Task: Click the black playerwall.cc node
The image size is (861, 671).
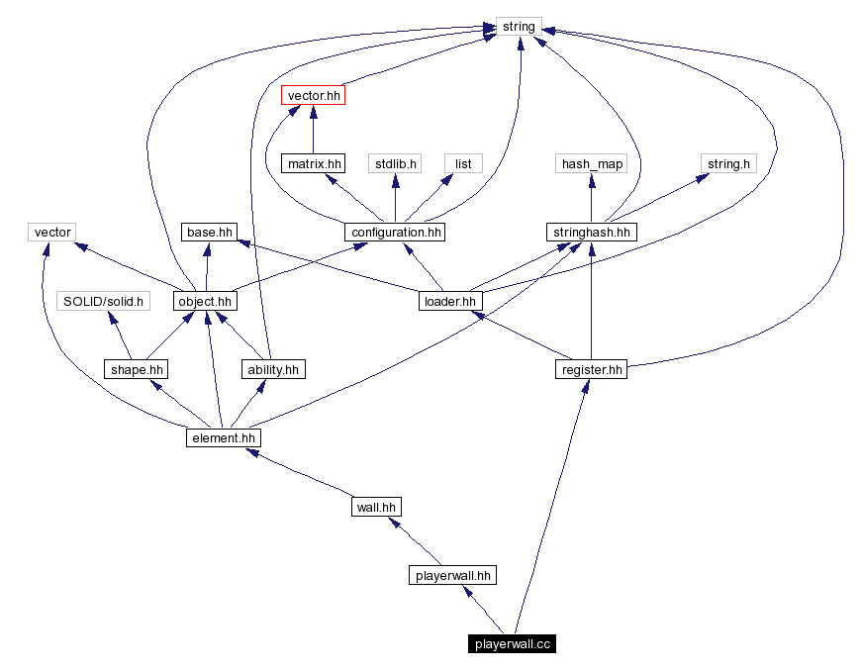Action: point(512,643)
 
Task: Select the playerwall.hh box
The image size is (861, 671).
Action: point(452,575)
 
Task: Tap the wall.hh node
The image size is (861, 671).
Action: point(376,507)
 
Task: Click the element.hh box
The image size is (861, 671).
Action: point(223,437)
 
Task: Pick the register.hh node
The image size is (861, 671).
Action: point(591,369)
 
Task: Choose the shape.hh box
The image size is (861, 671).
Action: point(136,369)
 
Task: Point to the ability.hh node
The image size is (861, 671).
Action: point(272,369)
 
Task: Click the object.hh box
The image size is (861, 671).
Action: point(205,301)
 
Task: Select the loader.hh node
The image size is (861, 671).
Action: point(449,301)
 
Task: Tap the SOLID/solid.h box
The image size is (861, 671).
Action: point(103,301)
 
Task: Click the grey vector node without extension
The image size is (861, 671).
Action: point(52,233)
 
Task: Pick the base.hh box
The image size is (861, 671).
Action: point(210,233)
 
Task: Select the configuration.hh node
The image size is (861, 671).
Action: point(394,233)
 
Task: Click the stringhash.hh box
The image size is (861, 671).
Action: point(591,233)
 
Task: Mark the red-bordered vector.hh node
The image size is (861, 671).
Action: point(313,95)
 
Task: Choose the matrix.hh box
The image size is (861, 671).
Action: point(313,163)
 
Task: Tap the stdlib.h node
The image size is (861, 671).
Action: point(395,163)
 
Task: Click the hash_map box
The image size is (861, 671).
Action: point(591,163)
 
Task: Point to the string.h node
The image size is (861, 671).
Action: point(727,163)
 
